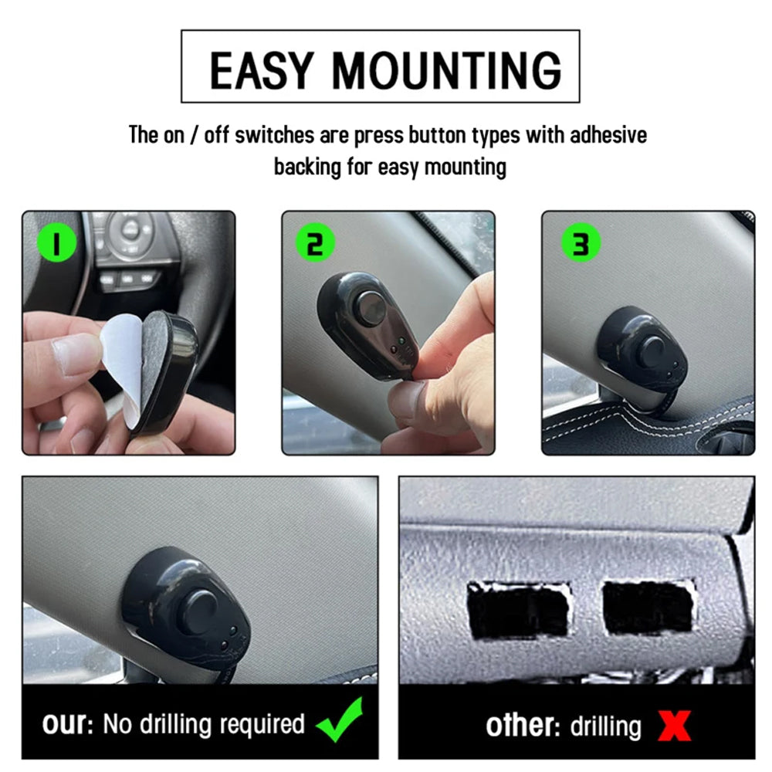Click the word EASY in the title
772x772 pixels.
pyautogui.click(x=262, y=70)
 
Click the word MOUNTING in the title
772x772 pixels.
pyautogui.click(x=447, y=70)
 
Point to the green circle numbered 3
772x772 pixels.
pyautogui.click(x=581, y=243)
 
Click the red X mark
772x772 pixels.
pyautogui.click(x=674, y=726)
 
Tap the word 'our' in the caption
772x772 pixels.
pyautogui.click(x=67, y=724)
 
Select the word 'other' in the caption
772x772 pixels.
pyautogui.click(x=523, y=726)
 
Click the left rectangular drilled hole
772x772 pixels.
pyautogui.click(x=519, y=611)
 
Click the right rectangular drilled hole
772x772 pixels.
pyautogui.click(x=649, y=608)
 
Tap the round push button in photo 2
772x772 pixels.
pyautogui.click(x=371, y=310)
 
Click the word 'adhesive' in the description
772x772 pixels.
pyautogui.click(x=608, y=135)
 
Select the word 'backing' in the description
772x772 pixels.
pyautogui.click(x=307, y=168)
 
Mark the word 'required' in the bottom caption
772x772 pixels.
pyautogui.click(x=262, y=725)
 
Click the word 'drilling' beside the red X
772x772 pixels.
pyautogui.click(x=606, y=726)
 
